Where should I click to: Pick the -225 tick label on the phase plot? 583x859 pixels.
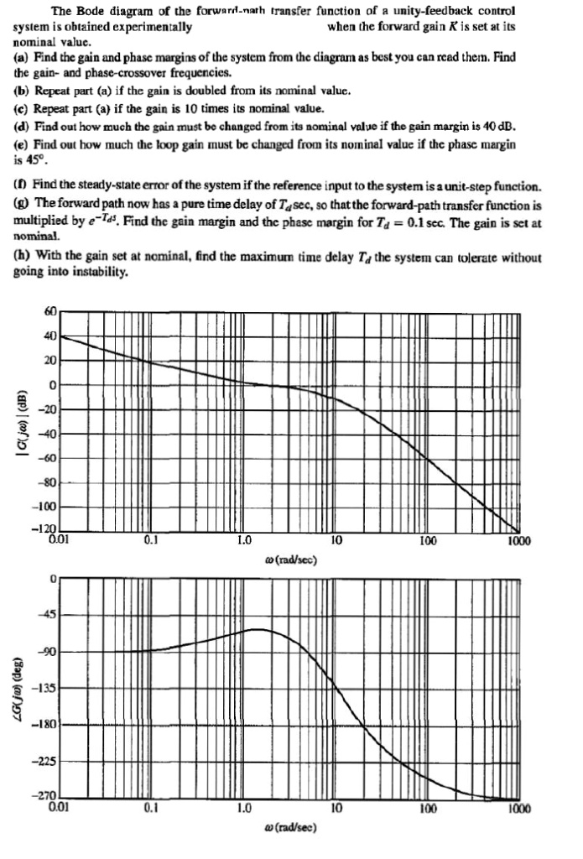[x=48, y=762]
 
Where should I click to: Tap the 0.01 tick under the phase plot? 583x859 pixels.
[x=60, y=810]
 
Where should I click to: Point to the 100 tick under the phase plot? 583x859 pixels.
[x=428, y=810]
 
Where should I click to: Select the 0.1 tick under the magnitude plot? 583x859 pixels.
[x=151, y=542]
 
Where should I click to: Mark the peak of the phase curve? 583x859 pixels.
[x=260, y=628]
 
